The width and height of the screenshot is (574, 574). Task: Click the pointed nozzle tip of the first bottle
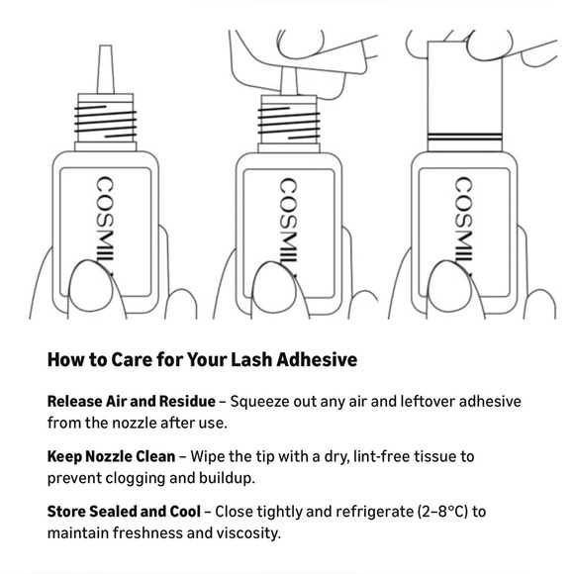[x=106, y=69]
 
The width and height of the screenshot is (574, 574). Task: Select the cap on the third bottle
[x=464, y=96]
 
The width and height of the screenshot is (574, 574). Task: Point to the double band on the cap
[x=464, y=138]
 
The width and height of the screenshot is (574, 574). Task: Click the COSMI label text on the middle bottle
[x=288, y=221]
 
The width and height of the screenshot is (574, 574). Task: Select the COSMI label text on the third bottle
[x=464, y=220]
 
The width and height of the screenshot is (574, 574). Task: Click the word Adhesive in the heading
[x=317, y=359]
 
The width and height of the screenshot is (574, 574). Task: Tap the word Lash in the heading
[x=251, y=359]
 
